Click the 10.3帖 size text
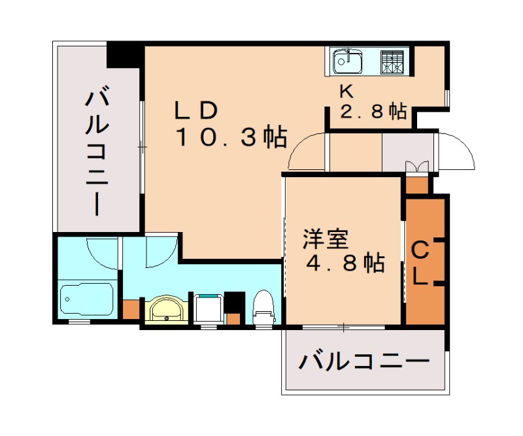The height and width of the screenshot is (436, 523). coord(230,137)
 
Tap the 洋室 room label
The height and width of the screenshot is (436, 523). coord(325,240)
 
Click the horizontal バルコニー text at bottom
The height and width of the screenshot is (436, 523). coord(364,361)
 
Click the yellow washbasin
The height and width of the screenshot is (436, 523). coord(167,309)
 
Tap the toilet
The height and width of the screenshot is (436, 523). coord(263,309)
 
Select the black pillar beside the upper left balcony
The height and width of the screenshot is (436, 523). coord(124,55)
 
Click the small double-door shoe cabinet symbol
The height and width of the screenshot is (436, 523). coord(416,166)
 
